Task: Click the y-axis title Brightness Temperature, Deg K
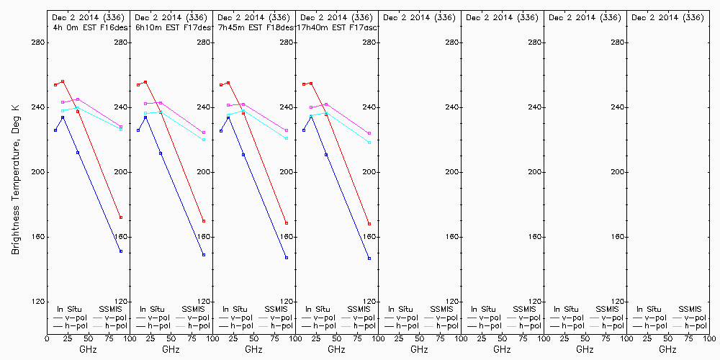[x=14, y=172]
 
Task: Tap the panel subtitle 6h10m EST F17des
[x=168, y=27]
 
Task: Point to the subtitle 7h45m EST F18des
[x=251, y=27]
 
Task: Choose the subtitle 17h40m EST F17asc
[x=333, y=27]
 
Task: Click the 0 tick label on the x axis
[x=47, y=337]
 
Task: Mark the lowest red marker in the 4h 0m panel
[x=121, y=217]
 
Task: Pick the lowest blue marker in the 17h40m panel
[x=369, y=258]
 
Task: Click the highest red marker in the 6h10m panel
[x=145, y=82]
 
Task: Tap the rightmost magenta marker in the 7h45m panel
[x=287, y=130]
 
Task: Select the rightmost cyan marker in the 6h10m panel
[x=204, y=140]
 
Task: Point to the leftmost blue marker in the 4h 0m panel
[x=55, y=130]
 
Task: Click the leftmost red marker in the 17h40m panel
[x=304, y=84]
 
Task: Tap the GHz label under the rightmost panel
[x=667, y=349]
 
